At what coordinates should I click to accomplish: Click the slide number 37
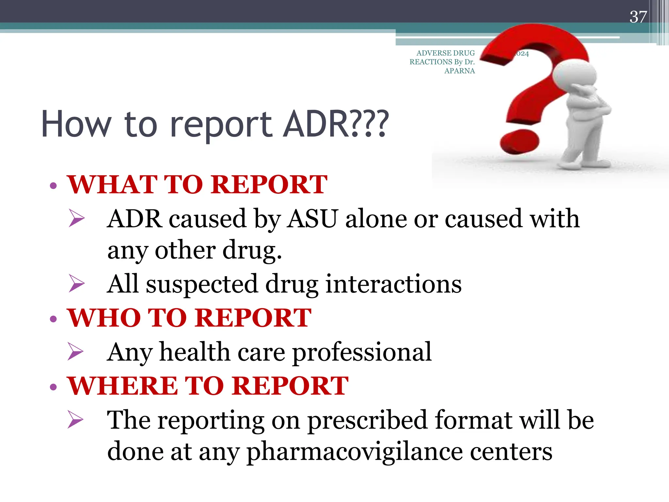click(638, 17)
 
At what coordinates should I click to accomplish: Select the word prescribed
click(367, 420)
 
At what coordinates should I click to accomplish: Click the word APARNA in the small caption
click(459, 71)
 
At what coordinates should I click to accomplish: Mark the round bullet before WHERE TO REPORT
click(54, 387)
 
